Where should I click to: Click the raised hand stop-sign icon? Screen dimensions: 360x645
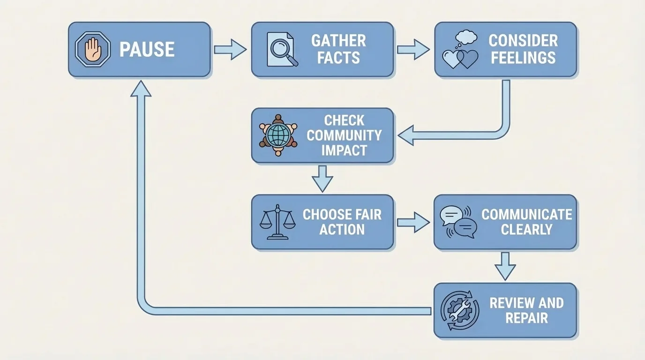coord(92,49)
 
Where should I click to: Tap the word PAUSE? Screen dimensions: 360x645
coord(147,50)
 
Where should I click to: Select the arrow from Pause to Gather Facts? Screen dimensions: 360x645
coord(230,49)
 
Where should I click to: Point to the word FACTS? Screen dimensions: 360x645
coord(338,58)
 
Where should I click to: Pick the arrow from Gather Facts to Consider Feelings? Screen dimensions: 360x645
coord(413,49)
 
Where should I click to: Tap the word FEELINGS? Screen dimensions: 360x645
coord(523,58)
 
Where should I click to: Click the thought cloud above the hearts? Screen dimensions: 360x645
coord(466,37)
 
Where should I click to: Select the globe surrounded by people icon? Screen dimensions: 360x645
coord(278,135)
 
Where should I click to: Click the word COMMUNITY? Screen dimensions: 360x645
coord(344,135)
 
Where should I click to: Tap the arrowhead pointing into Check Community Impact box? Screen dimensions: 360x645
coord(406,135)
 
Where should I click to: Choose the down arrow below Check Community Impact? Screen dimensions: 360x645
coord(322,178)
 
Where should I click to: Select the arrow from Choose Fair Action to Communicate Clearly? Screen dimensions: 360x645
coord(413,222)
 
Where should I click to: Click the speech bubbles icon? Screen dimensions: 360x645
coord(458,222)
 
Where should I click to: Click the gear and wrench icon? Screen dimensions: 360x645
coord(460,310)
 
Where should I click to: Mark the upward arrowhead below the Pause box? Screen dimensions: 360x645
coord(141,89)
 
